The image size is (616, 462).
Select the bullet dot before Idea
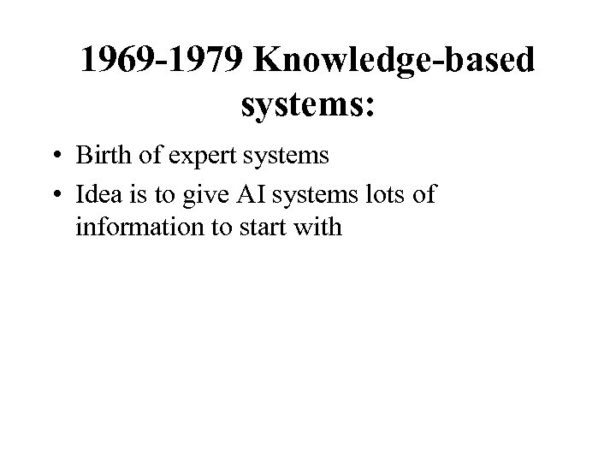coord(55,195)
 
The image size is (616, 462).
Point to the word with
coord(321,228)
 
